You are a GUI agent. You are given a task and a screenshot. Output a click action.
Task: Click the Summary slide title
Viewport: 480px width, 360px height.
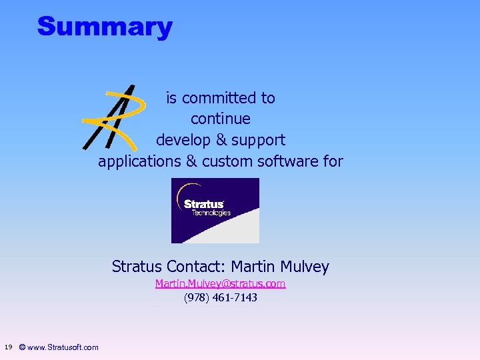[x=105, y=27]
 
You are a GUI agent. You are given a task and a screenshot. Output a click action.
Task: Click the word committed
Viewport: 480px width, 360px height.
[x=218, y=98]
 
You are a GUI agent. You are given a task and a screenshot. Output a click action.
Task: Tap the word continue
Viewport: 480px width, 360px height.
[x=221, y=119]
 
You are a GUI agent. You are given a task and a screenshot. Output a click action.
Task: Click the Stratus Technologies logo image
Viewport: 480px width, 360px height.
[x=215, y=211]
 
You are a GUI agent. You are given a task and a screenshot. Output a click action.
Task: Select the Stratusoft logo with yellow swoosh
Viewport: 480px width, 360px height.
[x=115, y=117]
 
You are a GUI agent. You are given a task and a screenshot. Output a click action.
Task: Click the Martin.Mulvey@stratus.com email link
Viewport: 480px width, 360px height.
[x=220, y=284]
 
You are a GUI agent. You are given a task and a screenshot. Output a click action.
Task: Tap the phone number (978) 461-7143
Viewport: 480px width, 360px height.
[x=220, y=297]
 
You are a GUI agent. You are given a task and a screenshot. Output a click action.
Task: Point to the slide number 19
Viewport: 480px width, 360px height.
[x=8, y=347]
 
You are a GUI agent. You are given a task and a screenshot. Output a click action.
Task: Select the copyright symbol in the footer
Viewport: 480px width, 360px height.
[x=23, y=347]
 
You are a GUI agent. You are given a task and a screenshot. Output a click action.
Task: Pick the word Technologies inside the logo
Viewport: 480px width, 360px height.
[x=211, y=213]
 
